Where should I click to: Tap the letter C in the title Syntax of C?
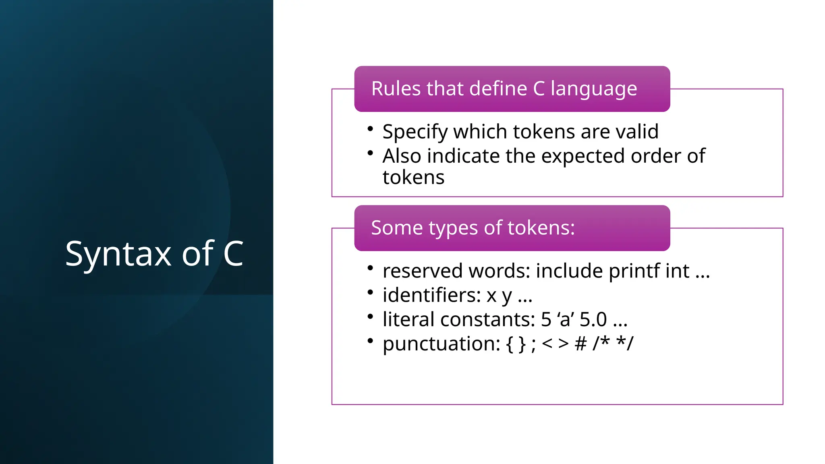(x=233, y=253)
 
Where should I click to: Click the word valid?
(x=637, y=132)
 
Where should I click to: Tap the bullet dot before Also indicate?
(x=370, y=153)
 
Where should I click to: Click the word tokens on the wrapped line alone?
(x=413, y=178)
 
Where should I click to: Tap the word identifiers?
(x=431, y=295)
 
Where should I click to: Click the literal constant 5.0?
(x=593, y=319)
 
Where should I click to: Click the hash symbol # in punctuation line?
(x=580, y=344)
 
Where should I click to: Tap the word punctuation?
(x=441, y=344)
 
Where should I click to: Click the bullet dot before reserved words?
(x=370, y=268)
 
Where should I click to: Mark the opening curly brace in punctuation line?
(x=510, y=344)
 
